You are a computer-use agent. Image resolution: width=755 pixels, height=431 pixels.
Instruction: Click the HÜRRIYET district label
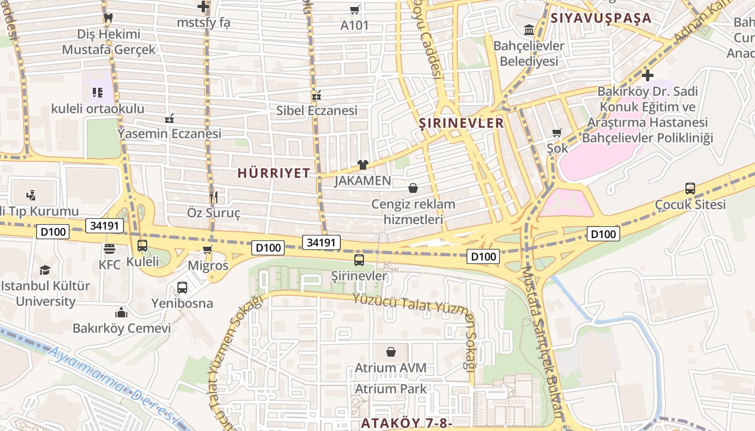pyautogui.click(x=274, y=173)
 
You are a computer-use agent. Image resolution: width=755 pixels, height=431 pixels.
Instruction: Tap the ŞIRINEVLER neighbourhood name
pyautogui.click(x=461, y=123)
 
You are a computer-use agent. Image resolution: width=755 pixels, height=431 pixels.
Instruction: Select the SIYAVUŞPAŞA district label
pyautogui.click(x=601, y=18)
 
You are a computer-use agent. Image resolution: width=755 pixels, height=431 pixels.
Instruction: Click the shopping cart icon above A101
pyautogui.click(x=354, y=10)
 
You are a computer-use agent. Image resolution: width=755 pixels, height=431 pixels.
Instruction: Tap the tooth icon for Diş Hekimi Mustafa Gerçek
pyautogui.click(x=108, y=18)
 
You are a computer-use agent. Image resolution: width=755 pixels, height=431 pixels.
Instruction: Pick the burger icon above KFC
pyautogui.click(x=109, y=249)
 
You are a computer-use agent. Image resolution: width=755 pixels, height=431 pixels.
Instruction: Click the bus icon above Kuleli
pyautogui.click(x=142, y=246)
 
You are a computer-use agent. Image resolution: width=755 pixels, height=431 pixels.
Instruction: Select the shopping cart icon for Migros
pyautogui.click(x=208, y=250)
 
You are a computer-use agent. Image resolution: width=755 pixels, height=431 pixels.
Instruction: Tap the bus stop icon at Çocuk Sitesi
pyautogui.click(x=690, y=189)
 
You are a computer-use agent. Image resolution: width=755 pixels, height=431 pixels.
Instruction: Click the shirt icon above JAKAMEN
pyautogui.click(x=362, y=165)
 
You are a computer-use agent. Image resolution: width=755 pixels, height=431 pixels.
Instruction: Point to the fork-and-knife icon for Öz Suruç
pyautogui.click(x=213, y=197)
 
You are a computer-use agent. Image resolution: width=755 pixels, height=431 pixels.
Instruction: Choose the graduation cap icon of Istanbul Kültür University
pyautogui.click(x=45, y=270)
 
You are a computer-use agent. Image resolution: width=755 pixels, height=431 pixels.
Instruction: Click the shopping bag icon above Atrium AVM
pyautogui.click(x=390, y=352)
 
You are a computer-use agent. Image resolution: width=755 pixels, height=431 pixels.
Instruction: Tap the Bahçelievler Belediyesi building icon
pyautogui.click(x=528, y=30)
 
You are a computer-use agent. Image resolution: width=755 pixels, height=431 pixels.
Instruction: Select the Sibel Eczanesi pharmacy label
pyautogui.click(x=317, y=111)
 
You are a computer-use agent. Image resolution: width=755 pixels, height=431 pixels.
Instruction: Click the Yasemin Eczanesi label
pyautogui.click(x=169, y=133)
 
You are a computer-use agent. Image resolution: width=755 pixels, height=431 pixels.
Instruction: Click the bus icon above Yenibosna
pyautogui.click(x=182, y=288)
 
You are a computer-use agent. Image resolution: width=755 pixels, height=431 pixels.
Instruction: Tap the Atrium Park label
pyautogui.click(x=390, y=389)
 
